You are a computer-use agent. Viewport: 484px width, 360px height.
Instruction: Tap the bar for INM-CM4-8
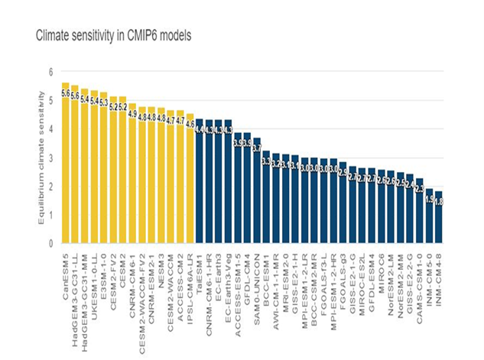point(438,222)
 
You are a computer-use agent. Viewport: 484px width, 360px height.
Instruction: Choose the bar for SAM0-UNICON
point(256,191)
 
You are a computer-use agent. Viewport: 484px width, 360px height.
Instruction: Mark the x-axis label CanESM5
point(66,277)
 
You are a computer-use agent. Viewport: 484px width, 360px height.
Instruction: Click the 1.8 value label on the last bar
point(439,201)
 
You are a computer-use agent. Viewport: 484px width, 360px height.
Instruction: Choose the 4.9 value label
point(132,114)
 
